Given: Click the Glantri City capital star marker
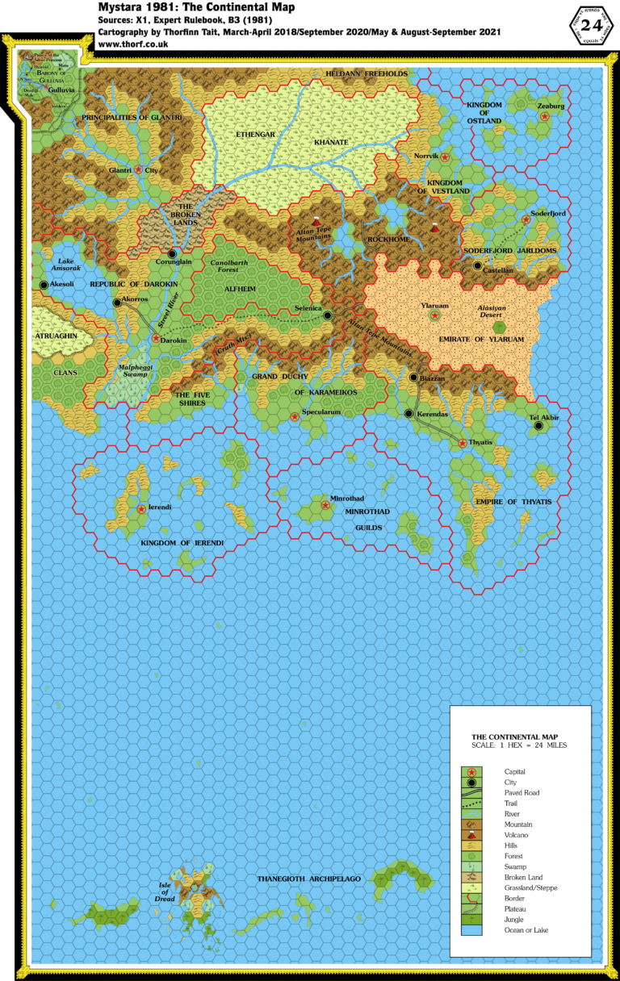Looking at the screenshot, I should coord(139,169).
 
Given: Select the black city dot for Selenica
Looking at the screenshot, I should coord(328,315).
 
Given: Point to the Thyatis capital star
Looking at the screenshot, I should coord(462,443).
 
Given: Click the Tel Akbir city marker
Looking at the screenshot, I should coord(538,426).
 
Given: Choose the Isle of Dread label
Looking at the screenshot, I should coord(165,891).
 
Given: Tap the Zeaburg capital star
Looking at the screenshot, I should coord(545,116).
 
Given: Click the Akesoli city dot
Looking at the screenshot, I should coord(44,285).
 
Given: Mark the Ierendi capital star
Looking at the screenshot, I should coord(142,508).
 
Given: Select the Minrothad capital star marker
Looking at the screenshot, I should coord(325,505).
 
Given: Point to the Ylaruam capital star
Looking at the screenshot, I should coord(434,315).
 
